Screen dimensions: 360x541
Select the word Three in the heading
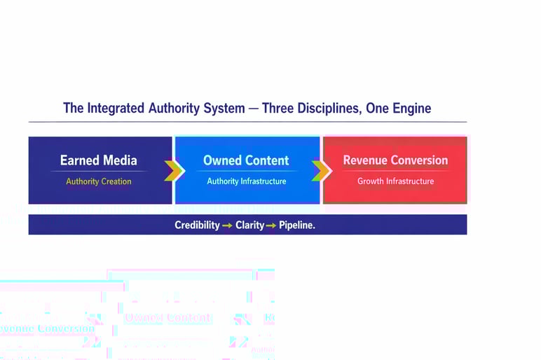tap(280, 109)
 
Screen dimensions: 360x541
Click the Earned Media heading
tap(99, 160)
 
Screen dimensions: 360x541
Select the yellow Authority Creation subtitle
tap(99, 181)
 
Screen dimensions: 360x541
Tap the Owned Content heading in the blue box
tap(246, 160)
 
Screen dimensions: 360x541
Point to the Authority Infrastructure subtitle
tap(246, 181)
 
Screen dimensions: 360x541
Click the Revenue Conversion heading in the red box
tap(395, 160)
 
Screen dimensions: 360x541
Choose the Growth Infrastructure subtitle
tap(395, 181)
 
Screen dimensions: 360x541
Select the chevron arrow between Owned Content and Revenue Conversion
tap(321, 170)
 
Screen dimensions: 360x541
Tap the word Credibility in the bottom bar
tap(197, 226)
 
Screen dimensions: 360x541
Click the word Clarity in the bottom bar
tap(249, 226)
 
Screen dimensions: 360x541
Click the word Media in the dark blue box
tap(119, 160)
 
